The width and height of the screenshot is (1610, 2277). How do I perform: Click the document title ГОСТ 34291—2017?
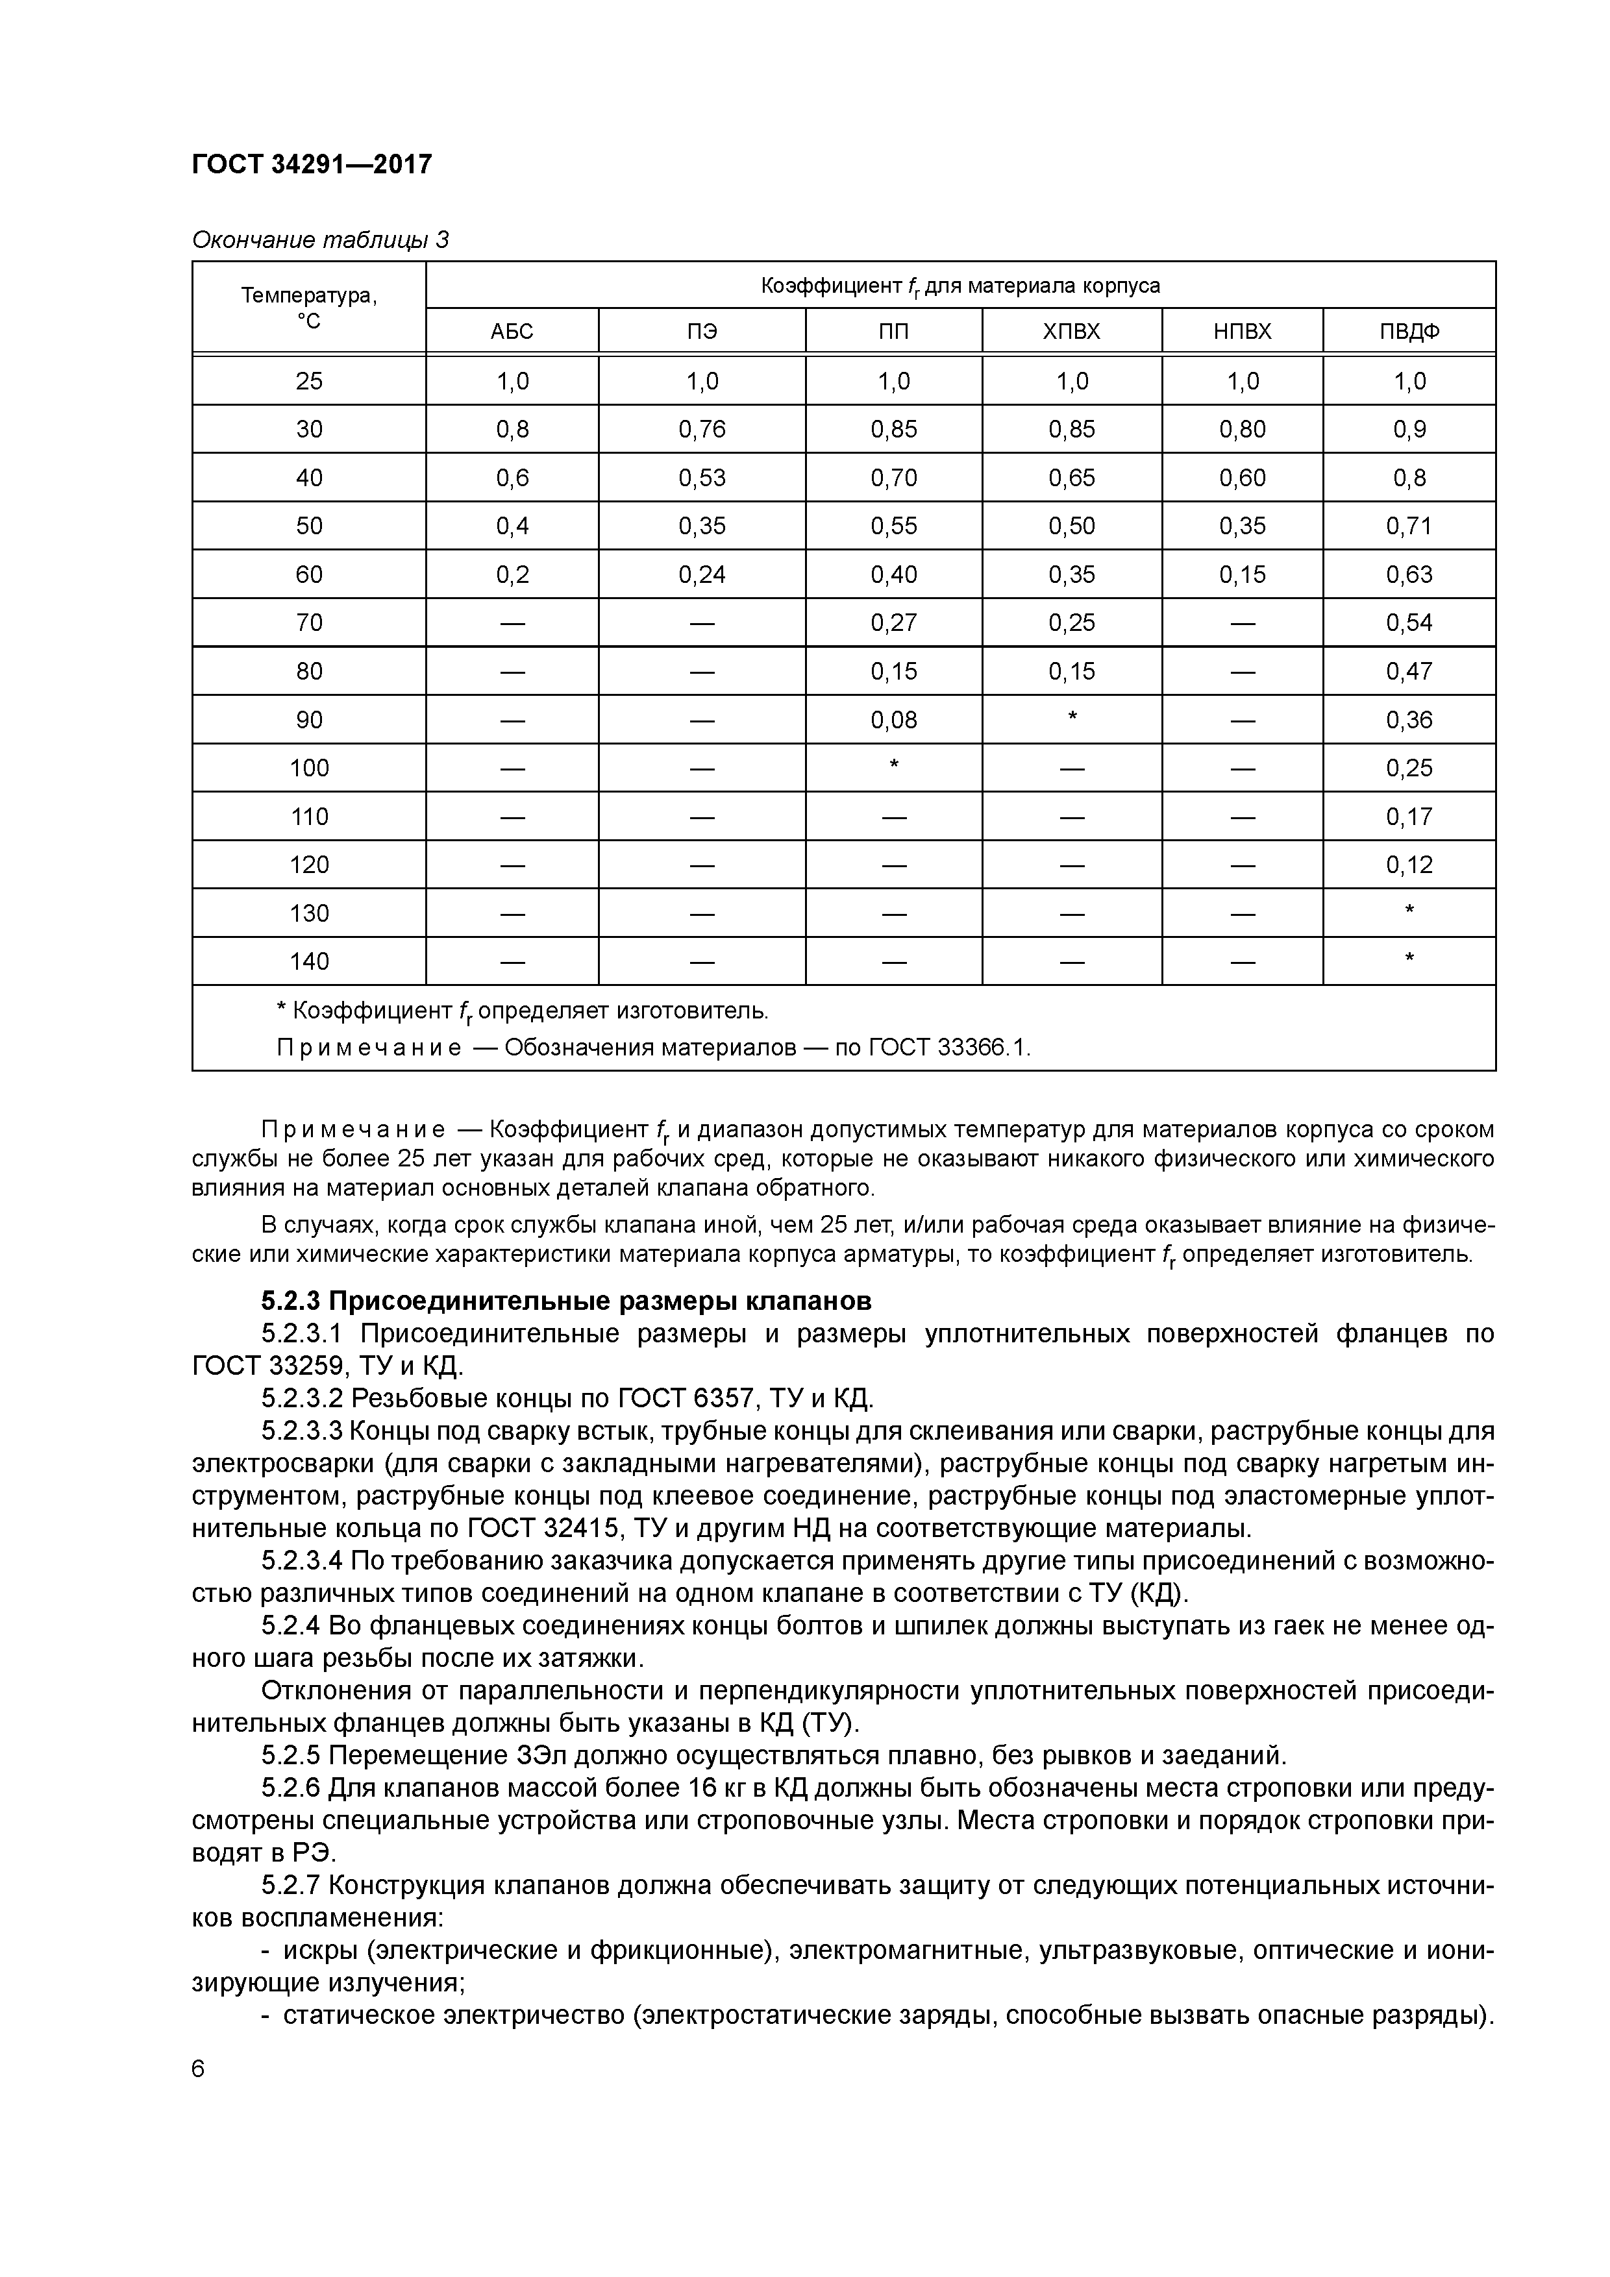click(312, 164)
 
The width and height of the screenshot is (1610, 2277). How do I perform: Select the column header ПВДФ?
click(1409, 331)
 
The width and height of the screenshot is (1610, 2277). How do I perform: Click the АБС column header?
click(512, 331)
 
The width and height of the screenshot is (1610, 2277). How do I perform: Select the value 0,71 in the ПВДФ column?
click(1409, 526)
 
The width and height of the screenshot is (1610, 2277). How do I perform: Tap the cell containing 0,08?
click(894, 720)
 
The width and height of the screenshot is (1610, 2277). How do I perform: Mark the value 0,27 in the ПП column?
click(894, 623)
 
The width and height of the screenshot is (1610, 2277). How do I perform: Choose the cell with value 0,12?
click(1409, 865)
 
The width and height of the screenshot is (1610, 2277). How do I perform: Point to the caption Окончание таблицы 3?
click(319, 240)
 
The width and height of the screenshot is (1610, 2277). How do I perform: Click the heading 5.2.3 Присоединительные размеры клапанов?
click(567, 1300)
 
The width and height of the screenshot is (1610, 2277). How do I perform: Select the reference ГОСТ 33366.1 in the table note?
click(949, 1048)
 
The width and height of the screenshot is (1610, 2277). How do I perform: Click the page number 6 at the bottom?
click(199, 2069)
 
